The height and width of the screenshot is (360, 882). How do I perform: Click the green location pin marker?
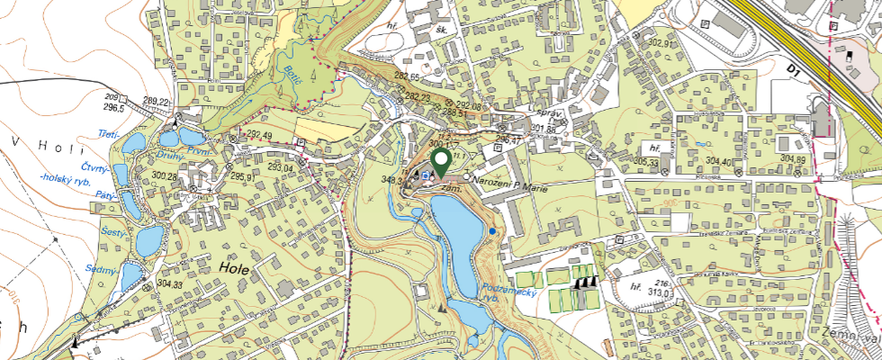pyautogui.click(x=441, y=163)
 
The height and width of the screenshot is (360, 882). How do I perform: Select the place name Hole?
pyautogui.click(x=234, y=267)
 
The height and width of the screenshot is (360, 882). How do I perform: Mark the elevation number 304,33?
pyautogui.click(x=169, y=284)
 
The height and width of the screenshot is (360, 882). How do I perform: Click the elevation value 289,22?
pyautogui.click(x=156, y=101)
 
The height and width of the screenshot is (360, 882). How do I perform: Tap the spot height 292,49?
pyautogui.click(x=258, y=136)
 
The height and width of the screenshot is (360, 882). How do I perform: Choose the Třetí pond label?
pyautogui.click(x=108, y=134)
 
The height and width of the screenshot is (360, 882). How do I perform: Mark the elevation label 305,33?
pyautogui.click(x=646, y=161)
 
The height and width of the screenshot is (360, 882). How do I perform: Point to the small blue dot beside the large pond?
pyautogui.click(x=493, y=232)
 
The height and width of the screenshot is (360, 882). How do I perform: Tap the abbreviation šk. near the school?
pyautogui.click(x=442, y=29)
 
